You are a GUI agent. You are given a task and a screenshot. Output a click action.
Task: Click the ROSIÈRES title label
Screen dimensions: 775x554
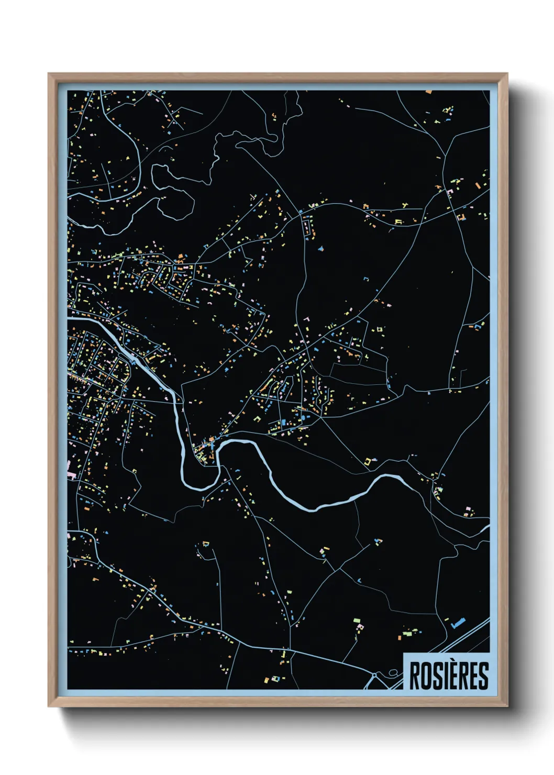448,676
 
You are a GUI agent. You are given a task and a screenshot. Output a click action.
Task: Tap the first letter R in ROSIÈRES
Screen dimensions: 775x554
414,676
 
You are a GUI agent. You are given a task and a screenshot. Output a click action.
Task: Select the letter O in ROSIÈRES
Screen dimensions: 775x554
425,676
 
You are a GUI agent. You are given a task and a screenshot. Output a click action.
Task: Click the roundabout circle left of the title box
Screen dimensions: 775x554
375,676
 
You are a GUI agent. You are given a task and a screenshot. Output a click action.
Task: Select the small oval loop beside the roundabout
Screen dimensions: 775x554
393,672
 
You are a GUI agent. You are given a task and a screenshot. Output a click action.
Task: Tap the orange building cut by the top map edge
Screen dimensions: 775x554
429,92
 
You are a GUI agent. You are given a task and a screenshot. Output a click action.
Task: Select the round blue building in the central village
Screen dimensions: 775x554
303,417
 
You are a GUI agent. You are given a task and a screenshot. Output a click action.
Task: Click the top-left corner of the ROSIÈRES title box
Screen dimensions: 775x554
404,653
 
